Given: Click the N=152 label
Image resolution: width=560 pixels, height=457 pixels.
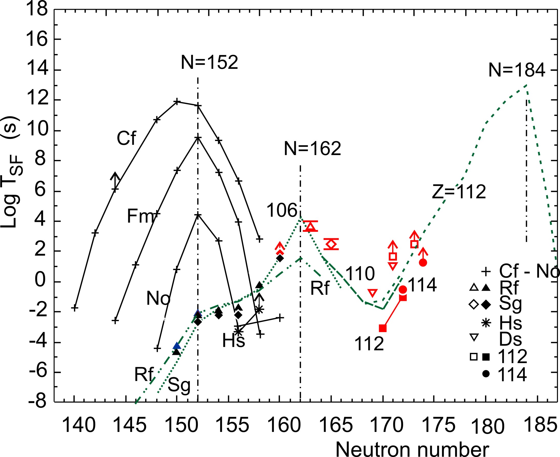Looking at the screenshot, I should click(x=209, y=63).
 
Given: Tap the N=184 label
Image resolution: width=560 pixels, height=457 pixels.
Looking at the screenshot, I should click(x=516, y=70).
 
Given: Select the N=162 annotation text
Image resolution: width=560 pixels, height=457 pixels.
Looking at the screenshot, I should click(x=312, y=148).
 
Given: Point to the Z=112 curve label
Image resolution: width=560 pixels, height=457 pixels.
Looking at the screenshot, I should click(x=459, y=192).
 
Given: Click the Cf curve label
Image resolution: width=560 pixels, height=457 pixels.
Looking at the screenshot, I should click(x=126, y=138).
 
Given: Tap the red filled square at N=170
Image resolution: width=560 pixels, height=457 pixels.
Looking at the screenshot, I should click(x=383, y=329).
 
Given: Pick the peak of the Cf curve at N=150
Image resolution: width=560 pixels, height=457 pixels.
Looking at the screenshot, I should click(x=177, y=102).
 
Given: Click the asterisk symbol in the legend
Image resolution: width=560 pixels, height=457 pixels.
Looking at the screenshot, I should click(x=486, y=323).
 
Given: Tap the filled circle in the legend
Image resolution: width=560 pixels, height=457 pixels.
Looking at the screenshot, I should click(x=486, y=374).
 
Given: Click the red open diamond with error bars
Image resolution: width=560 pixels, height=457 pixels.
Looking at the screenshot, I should click(x=331, y=244).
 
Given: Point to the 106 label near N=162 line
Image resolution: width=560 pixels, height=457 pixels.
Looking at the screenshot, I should click(x=282, y=211).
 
